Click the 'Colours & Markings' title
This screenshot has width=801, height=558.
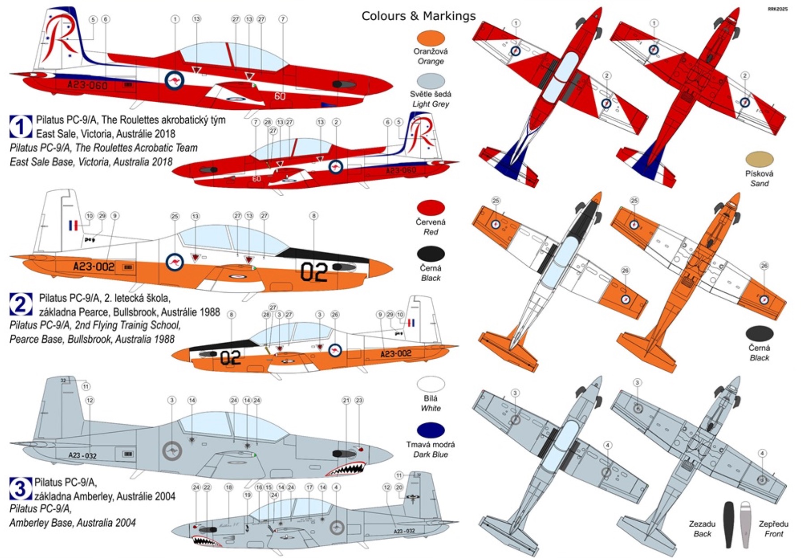click(x=418, y=16)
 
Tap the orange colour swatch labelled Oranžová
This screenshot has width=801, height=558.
click(x=430, y=38)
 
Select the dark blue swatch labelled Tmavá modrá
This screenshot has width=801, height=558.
click(x=430, y=430)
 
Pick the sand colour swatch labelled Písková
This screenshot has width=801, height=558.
click(x=759, y=159)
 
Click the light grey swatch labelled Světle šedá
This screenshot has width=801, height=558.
click(x=430, y=81)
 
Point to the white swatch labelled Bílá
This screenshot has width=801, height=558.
click(x=430, y=384)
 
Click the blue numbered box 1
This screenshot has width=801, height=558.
click(x=21, y=127)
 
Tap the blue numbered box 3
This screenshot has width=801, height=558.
click(x=21, y=489)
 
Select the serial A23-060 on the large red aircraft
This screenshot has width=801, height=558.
click(x=87, y=85)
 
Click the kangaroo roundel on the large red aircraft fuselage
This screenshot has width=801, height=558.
click(x=175, y=81)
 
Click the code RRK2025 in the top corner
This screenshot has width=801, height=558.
click(x=777, y=9)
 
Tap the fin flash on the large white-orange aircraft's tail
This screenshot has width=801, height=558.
click(x=73, y=225)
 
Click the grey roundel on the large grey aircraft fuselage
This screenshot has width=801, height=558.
click(x=171, y=451)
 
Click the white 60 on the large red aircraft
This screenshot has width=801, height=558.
click(x=280, y=96)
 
